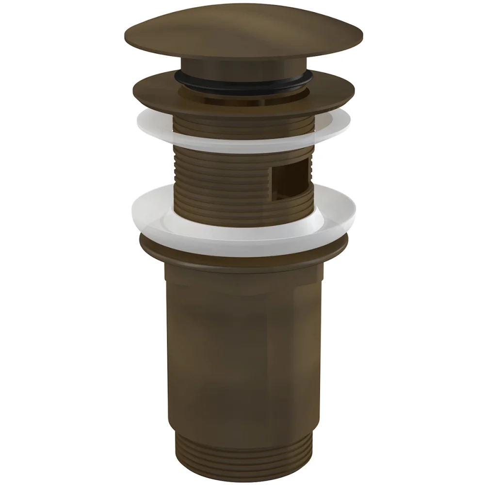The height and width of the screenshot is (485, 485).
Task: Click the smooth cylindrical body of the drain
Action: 242,349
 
